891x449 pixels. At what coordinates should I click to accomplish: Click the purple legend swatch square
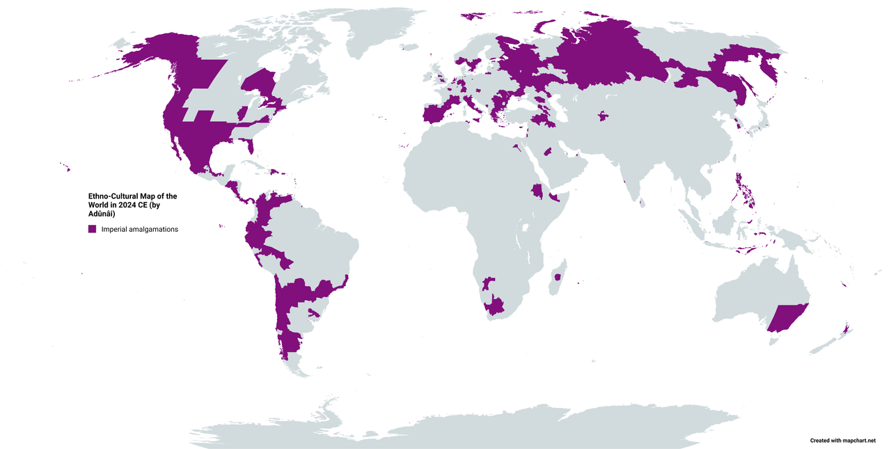click(x=92, y=229)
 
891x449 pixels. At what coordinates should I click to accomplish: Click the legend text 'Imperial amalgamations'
click(x=139, y=229)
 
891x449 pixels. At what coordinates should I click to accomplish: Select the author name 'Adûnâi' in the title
click(x=101, y=214)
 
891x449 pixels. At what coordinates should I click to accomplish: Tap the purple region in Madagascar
click(x=556, y=277)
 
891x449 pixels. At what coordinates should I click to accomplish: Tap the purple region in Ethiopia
click(x=537, y=191)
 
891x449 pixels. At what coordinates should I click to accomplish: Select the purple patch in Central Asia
click(x=603, y=116)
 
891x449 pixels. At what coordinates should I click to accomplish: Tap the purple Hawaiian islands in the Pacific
click(x=65, y=166)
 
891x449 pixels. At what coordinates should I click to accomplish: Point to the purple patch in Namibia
click(x=488, y=283)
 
